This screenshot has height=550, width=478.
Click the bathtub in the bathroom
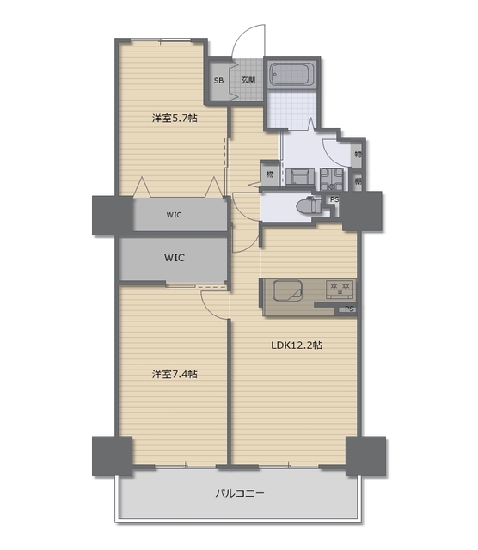(291, 74)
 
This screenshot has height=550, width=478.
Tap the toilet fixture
(309, 205)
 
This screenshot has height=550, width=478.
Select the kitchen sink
(288, 290)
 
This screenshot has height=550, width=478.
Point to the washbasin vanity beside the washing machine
(300, 177)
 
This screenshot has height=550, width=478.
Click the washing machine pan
(332, 180)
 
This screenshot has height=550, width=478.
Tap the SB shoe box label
(218, 81)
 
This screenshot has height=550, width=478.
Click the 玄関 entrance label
(248, 80)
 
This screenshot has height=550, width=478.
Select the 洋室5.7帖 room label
(175, 119)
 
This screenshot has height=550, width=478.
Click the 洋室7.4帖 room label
(175, 375)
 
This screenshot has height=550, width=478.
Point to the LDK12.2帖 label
(297, 345)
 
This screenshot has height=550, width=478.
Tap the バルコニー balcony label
(239, 493)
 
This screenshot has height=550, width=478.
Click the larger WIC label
(175, 258)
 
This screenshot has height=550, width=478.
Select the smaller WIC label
(174, 215)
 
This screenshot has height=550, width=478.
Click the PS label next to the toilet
(334, 199)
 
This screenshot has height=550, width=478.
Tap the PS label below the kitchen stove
(349, 309)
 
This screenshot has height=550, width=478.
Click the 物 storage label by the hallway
(270, 174)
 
